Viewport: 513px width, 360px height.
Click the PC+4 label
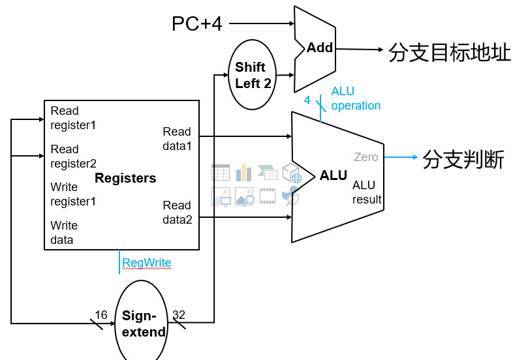[x=196, y=24]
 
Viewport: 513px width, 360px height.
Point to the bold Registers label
[x=125, y=178]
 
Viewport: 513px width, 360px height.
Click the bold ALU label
[x=333, y=175]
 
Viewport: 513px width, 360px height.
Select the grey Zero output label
[x=365, y=157]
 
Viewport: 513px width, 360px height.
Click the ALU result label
[x=366, y=192]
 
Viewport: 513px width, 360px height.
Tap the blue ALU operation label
[x=355, y=98]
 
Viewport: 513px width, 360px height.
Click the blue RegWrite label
[x=147, y=263]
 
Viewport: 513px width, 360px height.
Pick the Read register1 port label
[x=73, y=117]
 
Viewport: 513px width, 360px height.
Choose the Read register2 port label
[x=73, y=156]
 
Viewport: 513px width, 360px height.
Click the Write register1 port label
[x=73, y=194]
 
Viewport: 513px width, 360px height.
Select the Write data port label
[x=64, y=232]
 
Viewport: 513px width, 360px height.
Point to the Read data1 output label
[x=177, y=138]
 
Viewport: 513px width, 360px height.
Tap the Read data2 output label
[x=177, y=213]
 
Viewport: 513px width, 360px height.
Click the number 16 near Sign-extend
[x=101, y=315]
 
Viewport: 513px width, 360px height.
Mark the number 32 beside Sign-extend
[x=179, y=315]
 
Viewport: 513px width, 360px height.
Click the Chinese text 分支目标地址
[x=449, y=52]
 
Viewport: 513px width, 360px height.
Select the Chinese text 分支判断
[x=463, y=159]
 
